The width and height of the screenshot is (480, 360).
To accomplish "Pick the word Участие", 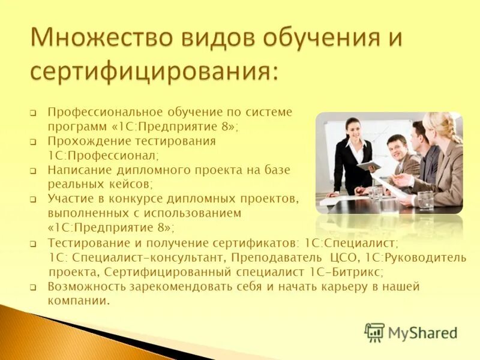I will pos(68,199).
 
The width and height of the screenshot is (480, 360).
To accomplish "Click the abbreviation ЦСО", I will pos(344,257).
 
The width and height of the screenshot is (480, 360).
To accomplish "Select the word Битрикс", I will pos(357,272).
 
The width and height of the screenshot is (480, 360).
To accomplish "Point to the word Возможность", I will pos(86,286).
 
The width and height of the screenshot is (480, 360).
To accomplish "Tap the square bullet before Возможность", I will pos(34,287).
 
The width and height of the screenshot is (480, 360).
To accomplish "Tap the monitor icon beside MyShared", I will pos(374,332).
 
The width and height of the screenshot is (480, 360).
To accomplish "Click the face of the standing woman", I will pos(352,130).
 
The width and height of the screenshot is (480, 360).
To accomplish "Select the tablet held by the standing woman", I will pos(368,164).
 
